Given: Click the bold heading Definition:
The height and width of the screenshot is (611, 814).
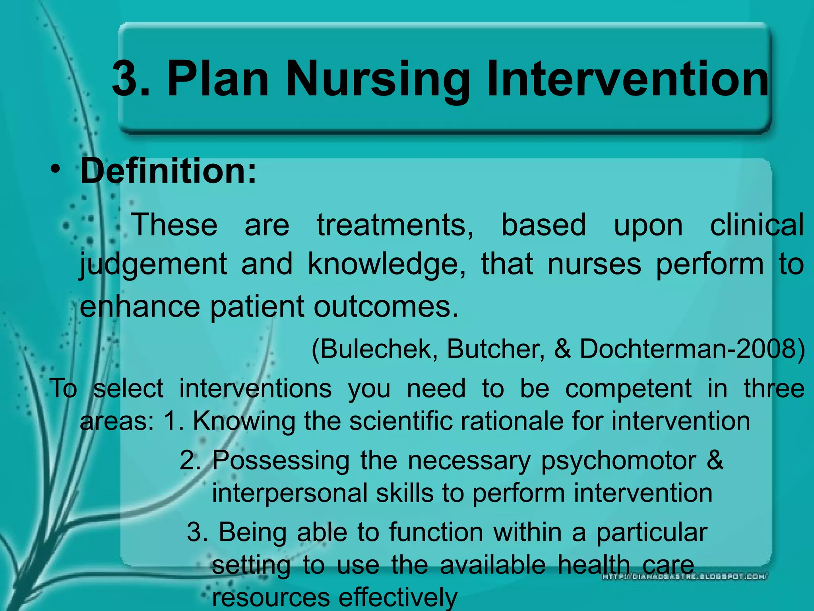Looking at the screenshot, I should (169, 171).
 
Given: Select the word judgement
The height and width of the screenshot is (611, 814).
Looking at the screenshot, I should (153, 265).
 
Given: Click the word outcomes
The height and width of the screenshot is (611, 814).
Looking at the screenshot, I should (386, 306).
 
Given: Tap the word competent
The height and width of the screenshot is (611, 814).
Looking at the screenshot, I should (628, 388).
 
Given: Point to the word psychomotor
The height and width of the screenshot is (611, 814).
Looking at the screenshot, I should (618, 461).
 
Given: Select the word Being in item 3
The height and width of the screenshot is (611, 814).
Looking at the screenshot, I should (252, 532).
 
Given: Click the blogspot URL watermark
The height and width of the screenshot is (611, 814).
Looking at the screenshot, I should (684, 576).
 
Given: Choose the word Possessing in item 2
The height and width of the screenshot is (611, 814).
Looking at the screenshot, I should (281, 461).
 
